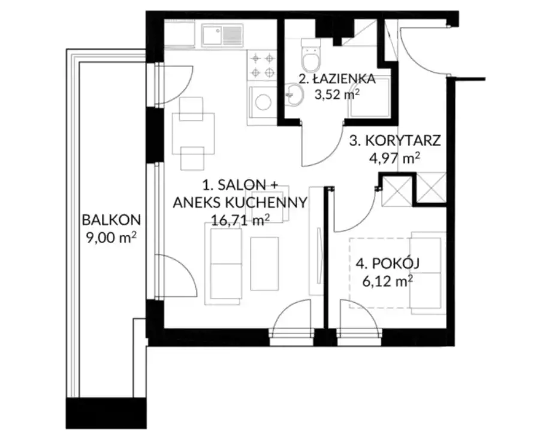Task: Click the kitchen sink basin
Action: click(x=212, y=35)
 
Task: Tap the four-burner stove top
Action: click(x=262, y=65)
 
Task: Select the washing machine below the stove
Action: click(x=263, y=102)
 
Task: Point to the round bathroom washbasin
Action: click(x=294, y=95)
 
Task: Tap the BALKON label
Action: click(x=111, y=220)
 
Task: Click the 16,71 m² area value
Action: click(x=239, y=220)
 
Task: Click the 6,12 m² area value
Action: click(x=387, y=281)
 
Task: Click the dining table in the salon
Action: click(x=193, y=133)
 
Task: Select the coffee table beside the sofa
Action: click(x=264, y=264)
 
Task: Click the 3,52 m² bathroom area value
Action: click(x=337, y=95)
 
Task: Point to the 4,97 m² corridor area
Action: click(x=394, y=159)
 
